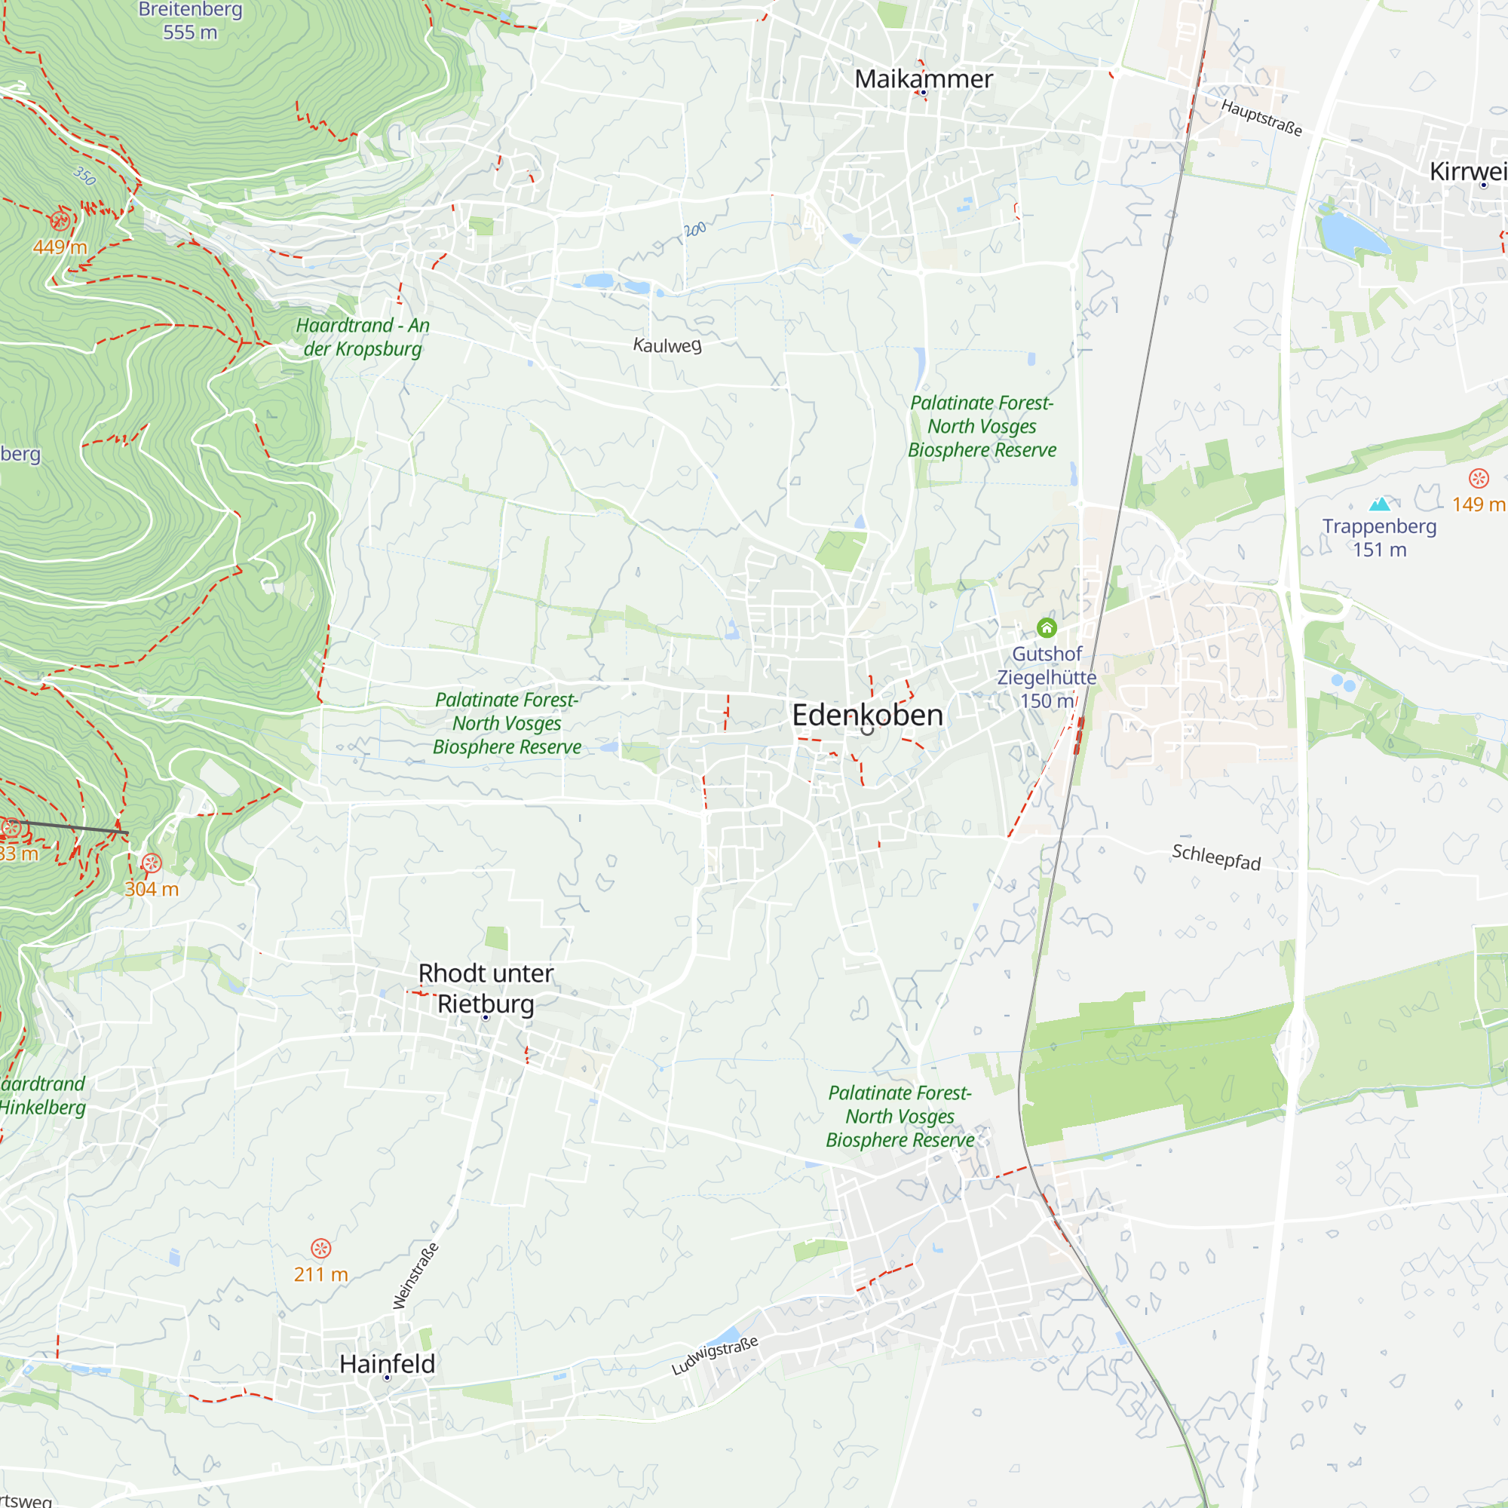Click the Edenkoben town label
(867, 715)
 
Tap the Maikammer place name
(924, 79)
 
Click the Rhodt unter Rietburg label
(486, 988)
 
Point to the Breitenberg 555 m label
(190, 21)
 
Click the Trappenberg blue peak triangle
(1380, 504)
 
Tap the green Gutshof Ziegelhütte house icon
(1047, 627)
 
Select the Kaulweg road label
(667, 345)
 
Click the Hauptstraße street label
(1261, 118)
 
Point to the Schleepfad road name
(1216, 857)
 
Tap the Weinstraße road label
(415, 1277)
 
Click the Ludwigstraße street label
(714, 1356)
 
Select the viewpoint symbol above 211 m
(320, 1248)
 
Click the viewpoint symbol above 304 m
(152, 863)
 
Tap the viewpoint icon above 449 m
(60, 221)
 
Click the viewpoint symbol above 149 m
(1479, 479)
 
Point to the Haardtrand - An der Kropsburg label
(362, 337)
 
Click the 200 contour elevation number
(694, 229)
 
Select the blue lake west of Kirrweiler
(1350, 231)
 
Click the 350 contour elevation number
(85, 176)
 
